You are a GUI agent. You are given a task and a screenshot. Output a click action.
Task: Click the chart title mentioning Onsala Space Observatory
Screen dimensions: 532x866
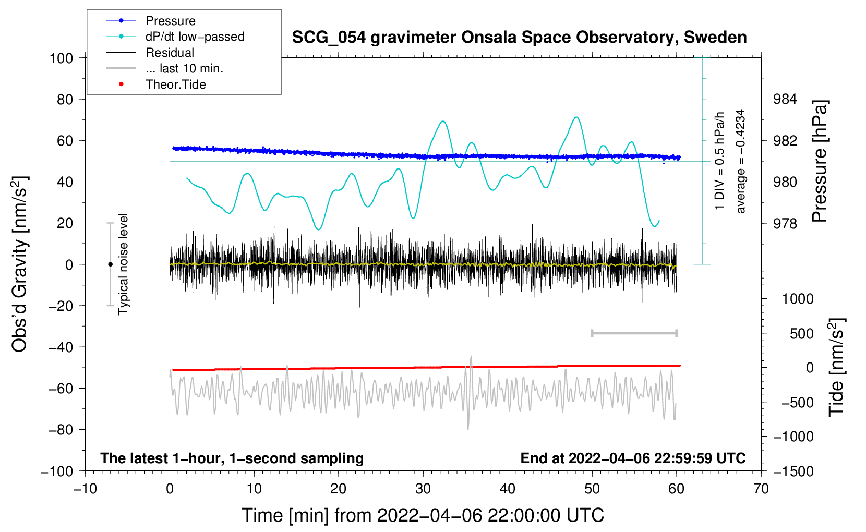[x=519, y=38]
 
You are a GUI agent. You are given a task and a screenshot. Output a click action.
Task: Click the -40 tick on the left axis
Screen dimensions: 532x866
[x=61, y=347]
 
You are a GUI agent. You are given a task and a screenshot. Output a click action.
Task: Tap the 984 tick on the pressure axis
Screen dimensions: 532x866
[x=785, y=99]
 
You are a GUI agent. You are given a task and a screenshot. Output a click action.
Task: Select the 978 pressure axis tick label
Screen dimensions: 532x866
[x=785, y=223]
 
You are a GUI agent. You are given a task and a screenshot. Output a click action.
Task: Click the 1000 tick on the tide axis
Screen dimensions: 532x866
[x=798, y=299]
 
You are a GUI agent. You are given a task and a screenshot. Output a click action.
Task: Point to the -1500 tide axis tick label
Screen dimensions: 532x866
[x=793, y=471]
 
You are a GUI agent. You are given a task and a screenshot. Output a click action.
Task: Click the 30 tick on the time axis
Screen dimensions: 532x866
[x=423, y=489]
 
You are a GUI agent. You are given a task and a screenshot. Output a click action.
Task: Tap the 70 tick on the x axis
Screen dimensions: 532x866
[x=761, y=489]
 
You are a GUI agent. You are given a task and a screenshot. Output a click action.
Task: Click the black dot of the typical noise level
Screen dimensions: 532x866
[x=110, y=264]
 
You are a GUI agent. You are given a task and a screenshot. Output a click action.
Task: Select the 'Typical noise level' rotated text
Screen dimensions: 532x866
[x=123, y=264]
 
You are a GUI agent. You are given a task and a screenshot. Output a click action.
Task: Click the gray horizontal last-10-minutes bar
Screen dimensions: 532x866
[x=634, y=333]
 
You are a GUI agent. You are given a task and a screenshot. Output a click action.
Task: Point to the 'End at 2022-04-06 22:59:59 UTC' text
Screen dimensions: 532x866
[x=633, y=458]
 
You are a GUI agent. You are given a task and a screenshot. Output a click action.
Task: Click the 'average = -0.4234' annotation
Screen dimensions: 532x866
[x=741, y=161]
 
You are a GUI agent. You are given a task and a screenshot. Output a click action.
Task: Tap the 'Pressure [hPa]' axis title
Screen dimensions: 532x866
[x=820, y=161]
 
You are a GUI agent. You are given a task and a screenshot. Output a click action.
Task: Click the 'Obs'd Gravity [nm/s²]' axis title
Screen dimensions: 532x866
[x=20, y=264]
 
